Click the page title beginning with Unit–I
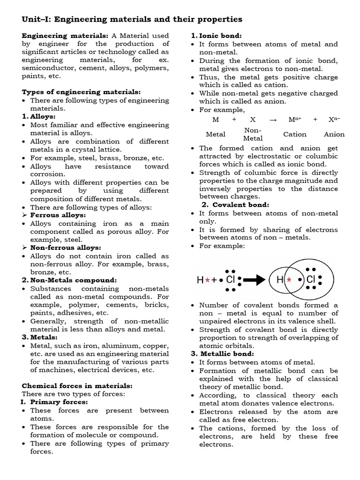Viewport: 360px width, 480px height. (x=132, y=19)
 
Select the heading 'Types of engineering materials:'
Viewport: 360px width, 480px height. (x=81, y=92)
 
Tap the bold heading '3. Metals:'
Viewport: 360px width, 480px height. (x=39, y=337)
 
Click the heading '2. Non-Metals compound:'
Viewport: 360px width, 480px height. (x=69, y=280)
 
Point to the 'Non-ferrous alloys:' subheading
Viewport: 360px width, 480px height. (x=65, y=247)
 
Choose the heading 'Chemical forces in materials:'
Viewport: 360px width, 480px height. (x=77, y=386)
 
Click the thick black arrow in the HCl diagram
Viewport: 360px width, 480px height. (x=255, y=280)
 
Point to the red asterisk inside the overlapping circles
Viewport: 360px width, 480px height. (x=289, y=280)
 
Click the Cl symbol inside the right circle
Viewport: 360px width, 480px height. (x=310, y=280)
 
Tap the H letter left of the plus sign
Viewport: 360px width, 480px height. (x=200, y=280)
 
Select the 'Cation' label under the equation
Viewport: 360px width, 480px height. (x=295, y=134)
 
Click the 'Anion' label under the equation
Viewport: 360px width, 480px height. (x=334, y=134)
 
